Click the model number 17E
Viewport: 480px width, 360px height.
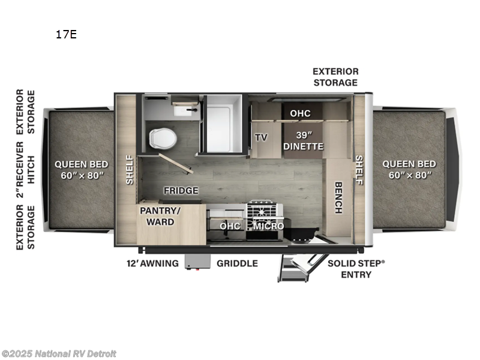[66, 34]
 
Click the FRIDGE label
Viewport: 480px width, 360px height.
[181, 191]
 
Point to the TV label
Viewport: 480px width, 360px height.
[261, 137]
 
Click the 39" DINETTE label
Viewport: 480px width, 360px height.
[302, 140]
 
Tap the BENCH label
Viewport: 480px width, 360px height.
[338, 197]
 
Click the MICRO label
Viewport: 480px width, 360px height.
[268, 226]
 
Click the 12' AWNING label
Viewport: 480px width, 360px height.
[152, 263]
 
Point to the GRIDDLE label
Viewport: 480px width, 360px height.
[237, 263]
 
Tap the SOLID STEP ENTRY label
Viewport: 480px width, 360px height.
[356, 269]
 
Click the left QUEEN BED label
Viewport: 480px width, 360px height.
[81, 169]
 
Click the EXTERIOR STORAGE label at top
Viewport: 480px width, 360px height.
[335, 77]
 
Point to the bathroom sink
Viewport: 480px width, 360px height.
[182, 110]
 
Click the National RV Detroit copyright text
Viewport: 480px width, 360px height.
[59, 354]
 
